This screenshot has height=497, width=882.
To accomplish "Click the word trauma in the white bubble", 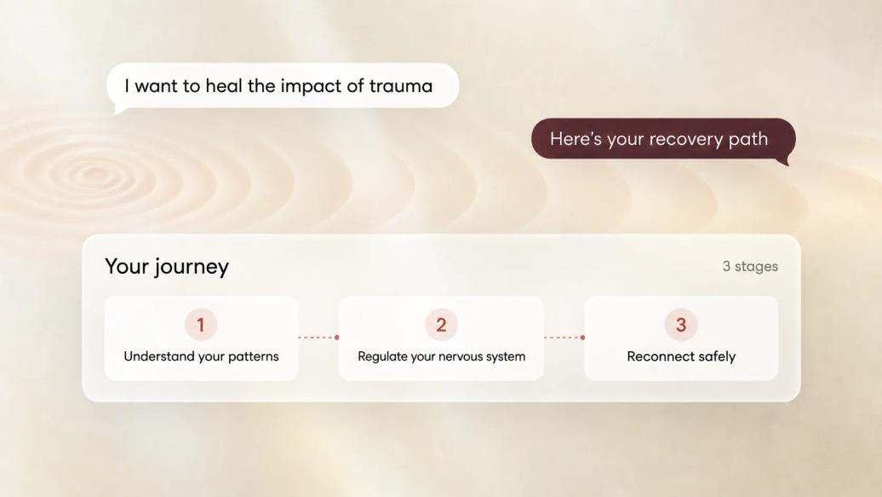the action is tap(400, 85).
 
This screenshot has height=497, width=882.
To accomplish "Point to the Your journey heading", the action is tap(167, 267).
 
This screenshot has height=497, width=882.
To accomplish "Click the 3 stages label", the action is tap(750, 266).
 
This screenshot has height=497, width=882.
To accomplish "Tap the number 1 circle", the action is tap(201, 325).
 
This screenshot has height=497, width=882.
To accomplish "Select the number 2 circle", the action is tap(441, 325).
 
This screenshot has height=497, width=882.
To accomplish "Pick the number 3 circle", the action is tap(681, 325).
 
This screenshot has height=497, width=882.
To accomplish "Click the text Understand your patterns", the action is tap(201, 356).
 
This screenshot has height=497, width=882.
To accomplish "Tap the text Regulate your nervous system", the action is tap(442, 356).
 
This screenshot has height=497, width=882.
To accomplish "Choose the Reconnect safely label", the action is tap(681, 356).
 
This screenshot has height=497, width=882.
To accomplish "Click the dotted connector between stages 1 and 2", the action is tap(317, 338).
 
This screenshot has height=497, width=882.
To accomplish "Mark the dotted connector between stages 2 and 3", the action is tap(563, 338).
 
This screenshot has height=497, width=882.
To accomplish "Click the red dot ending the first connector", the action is tap(337, 338).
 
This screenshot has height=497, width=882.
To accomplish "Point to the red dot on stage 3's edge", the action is tap(582, 338).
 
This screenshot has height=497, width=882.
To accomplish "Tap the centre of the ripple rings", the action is tap(93, 175).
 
